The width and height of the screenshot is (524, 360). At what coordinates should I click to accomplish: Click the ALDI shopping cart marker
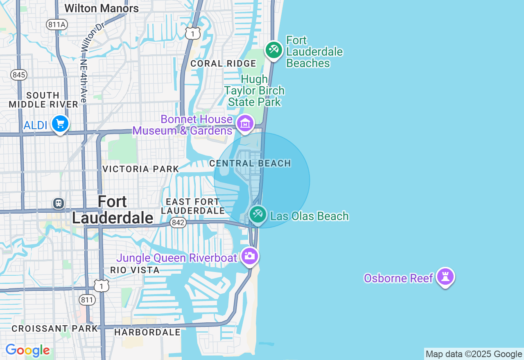(60, 124)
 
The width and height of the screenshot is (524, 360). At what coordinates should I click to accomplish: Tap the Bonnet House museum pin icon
(245, 123)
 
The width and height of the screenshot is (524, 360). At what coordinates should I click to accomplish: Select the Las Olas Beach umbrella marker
(258, 214)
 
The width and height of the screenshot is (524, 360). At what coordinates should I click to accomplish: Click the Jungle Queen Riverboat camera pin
(250, 256)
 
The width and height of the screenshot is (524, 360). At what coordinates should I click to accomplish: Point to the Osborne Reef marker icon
(445, 277)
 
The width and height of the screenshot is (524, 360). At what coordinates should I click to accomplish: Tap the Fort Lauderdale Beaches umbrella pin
(274, 50)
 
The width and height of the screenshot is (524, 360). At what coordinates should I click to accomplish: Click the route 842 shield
(178, 223)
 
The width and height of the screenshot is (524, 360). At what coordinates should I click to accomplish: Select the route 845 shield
(19, 75)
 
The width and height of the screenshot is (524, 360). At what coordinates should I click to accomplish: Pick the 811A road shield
(56, 25)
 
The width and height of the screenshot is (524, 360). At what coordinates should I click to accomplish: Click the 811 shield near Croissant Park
(87, 300)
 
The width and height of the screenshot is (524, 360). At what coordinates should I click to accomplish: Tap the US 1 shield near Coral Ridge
(192, 33)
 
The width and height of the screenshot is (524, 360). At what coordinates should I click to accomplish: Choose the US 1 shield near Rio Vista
(102, 286)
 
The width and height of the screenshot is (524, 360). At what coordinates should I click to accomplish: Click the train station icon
(59, 203)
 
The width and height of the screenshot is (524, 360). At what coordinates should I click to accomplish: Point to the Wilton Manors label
(102, 8)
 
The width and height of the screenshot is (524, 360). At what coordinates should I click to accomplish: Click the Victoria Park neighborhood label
(141, 169)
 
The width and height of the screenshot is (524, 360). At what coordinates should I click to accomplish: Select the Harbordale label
(147, 332)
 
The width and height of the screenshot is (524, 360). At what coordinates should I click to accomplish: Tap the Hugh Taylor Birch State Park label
(254, 90)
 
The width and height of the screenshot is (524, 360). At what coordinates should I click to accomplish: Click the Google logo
(28, 351)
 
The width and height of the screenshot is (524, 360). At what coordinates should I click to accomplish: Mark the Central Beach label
(250, 163)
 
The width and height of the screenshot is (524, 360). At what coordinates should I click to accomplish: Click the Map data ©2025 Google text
(474, 354)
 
